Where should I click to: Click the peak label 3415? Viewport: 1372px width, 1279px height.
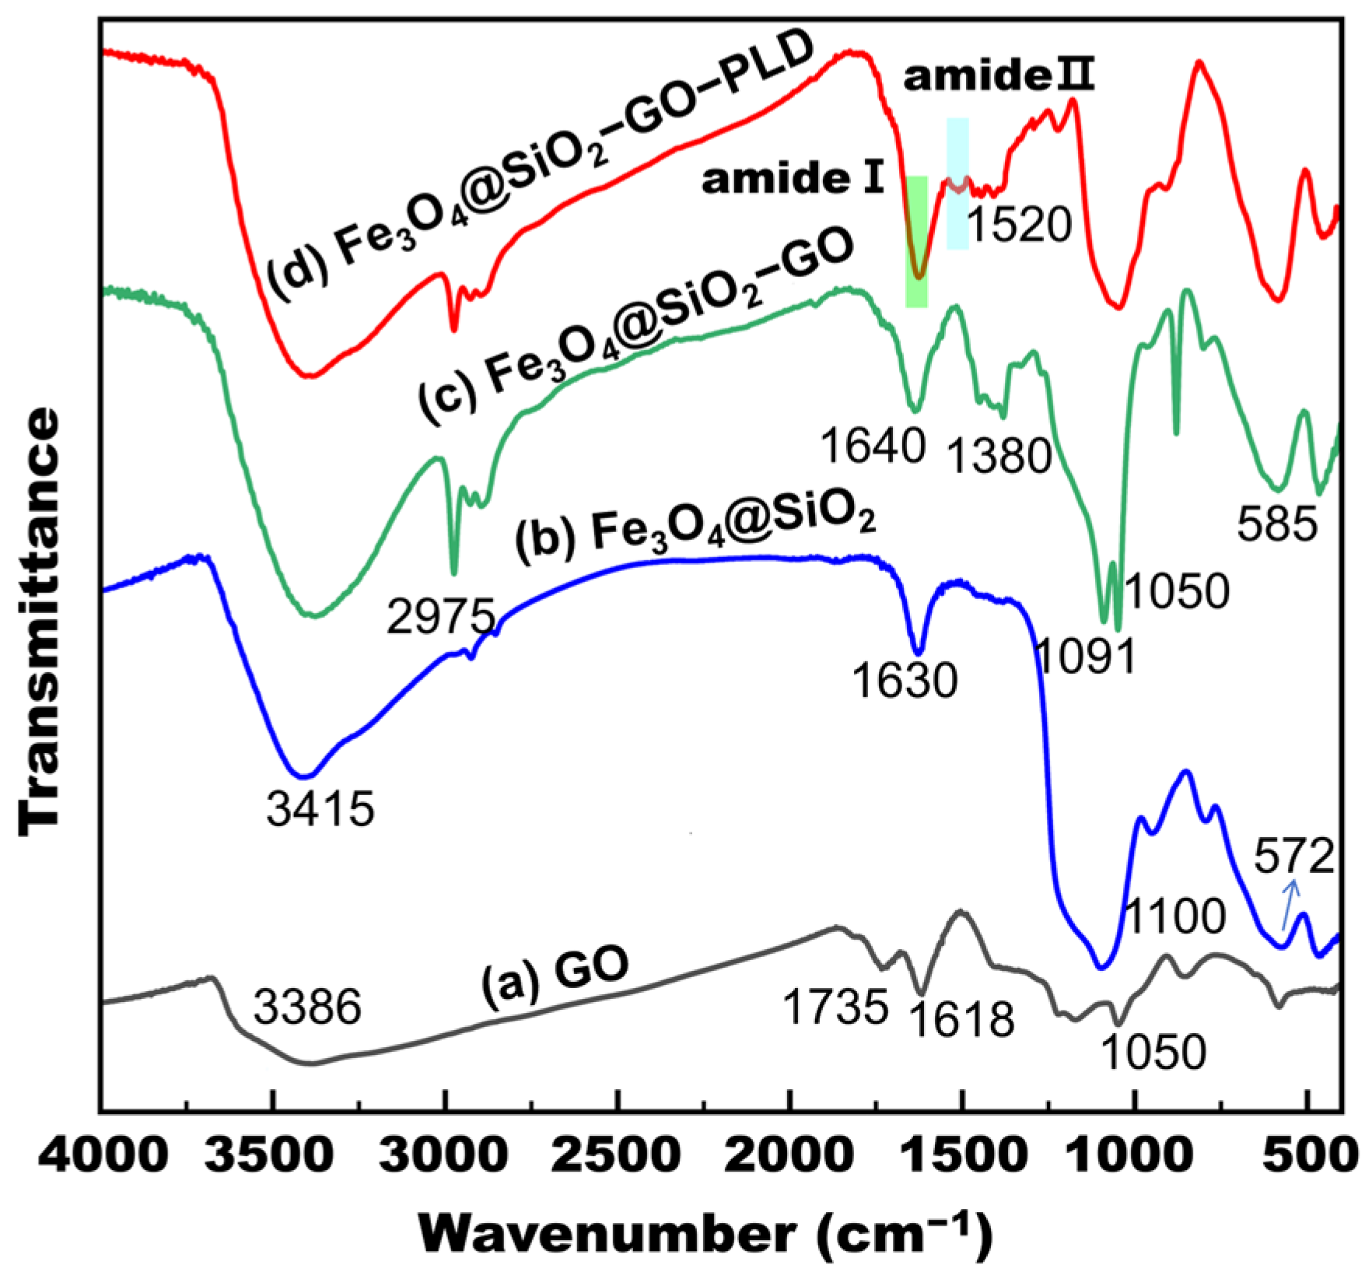pyautogui.click(x=320, y=810)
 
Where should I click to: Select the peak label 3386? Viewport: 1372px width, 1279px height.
pyautogui.click(x=308, y=1008)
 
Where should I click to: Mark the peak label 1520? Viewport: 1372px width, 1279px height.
pyautogui.click(x=1020, y=226)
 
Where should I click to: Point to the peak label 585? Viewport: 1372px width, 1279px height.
pyautogui.click(x=1277, y=526)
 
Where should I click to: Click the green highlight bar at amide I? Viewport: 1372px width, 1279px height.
pyautogui.click(x=917, y=241)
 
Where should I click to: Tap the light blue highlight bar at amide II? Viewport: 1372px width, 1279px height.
pyautogui.click(x=957, y=184)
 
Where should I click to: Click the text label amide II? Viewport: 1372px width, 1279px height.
pyautogui.click(x=999, y=79)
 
